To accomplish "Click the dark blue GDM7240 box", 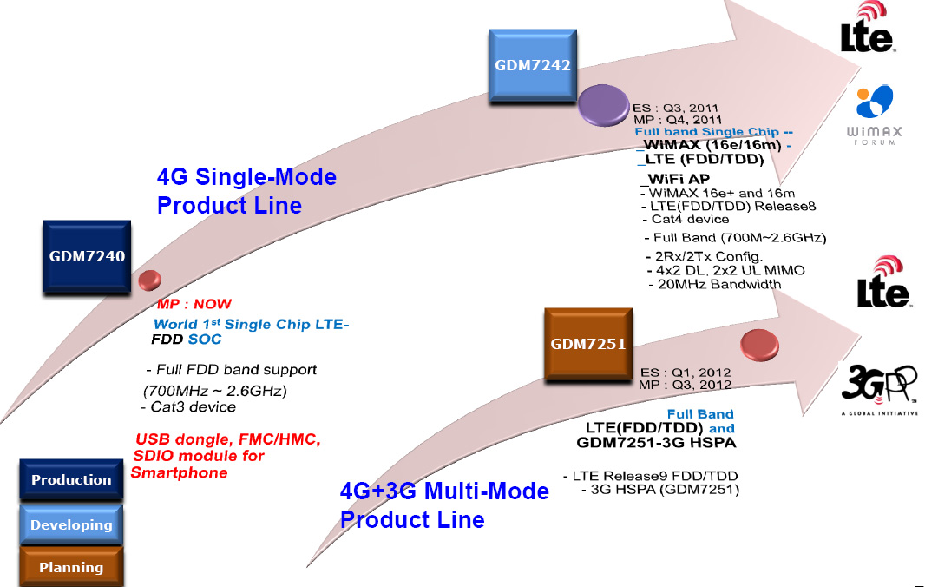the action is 87,256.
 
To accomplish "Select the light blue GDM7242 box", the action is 533,65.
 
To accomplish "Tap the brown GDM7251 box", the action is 588,344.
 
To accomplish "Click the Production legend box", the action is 71,479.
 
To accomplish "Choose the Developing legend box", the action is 71,524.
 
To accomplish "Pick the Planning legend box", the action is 71,567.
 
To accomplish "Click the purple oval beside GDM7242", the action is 603,105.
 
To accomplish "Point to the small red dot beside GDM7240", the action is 150,280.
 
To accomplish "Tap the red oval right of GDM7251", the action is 760,345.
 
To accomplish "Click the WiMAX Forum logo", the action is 875,115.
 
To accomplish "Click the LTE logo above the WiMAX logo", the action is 867,28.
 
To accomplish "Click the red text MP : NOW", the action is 194,304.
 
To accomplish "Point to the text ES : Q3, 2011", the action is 675,108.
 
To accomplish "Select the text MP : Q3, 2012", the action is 685,385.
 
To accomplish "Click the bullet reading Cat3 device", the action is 189,407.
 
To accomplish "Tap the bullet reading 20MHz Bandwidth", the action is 715,284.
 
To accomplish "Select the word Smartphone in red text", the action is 180,473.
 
